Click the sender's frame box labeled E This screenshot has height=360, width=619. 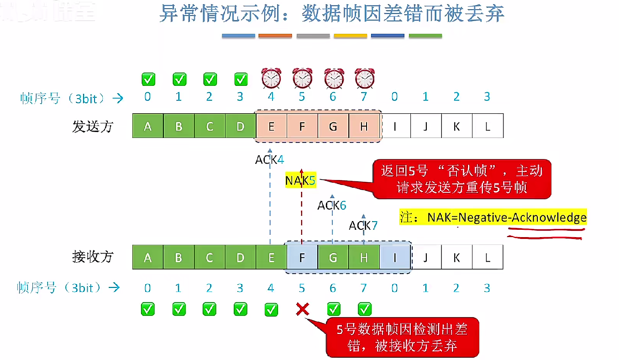coord(271,127)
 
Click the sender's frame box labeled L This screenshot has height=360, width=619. coord(488,127)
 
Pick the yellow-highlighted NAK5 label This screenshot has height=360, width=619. coord(300,180)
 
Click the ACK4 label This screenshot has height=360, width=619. coord(269,160)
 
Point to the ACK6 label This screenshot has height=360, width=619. coord(332,206)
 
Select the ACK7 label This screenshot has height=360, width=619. coord(363,225)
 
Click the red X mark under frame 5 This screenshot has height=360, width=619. coord(302,309)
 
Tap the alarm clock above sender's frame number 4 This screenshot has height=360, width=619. coord(271,78)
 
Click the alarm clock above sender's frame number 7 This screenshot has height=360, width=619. coord(364,78)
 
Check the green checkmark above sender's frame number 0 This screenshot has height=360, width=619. coord(148,79)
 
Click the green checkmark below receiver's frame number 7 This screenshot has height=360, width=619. coord(364,309)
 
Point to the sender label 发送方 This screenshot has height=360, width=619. coord(92,127)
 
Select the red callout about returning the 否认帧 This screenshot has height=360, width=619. coord(462,179)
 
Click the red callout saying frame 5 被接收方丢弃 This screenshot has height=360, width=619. coord(402,337)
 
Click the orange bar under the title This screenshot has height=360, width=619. coord(275,36)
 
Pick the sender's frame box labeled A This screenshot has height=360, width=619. coord(148,127)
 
